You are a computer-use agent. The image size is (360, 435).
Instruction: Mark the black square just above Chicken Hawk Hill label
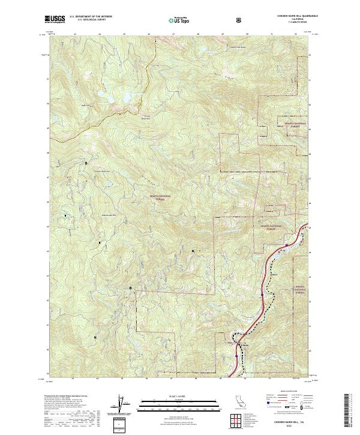point(86,163)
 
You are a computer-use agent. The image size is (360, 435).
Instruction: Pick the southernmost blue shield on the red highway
point(237,355)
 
